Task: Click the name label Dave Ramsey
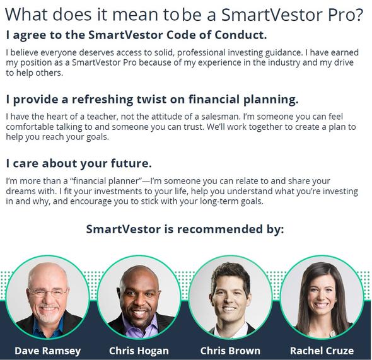[x=48, y=351]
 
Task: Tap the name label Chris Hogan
[x=139, y=351]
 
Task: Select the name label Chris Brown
[x=230, y=351]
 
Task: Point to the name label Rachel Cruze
[x=322, y=351]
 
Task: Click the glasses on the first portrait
[x=49, y=293]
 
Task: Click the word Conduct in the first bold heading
[x=241, y=35]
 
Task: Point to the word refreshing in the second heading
[x=103, y=100]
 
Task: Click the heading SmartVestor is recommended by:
[x=185, y=229]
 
